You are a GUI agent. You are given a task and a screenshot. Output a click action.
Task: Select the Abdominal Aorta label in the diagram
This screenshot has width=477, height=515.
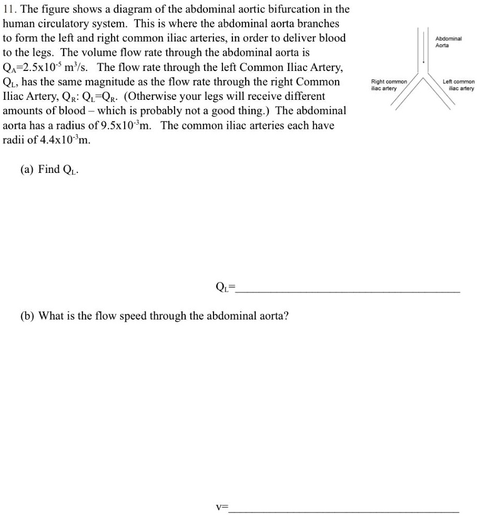[449, 43]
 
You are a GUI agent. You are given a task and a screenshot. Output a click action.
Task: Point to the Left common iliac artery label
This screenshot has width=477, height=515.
[459, 85]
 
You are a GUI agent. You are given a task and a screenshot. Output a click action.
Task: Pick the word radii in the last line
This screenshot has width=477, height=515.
[13, 140]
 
